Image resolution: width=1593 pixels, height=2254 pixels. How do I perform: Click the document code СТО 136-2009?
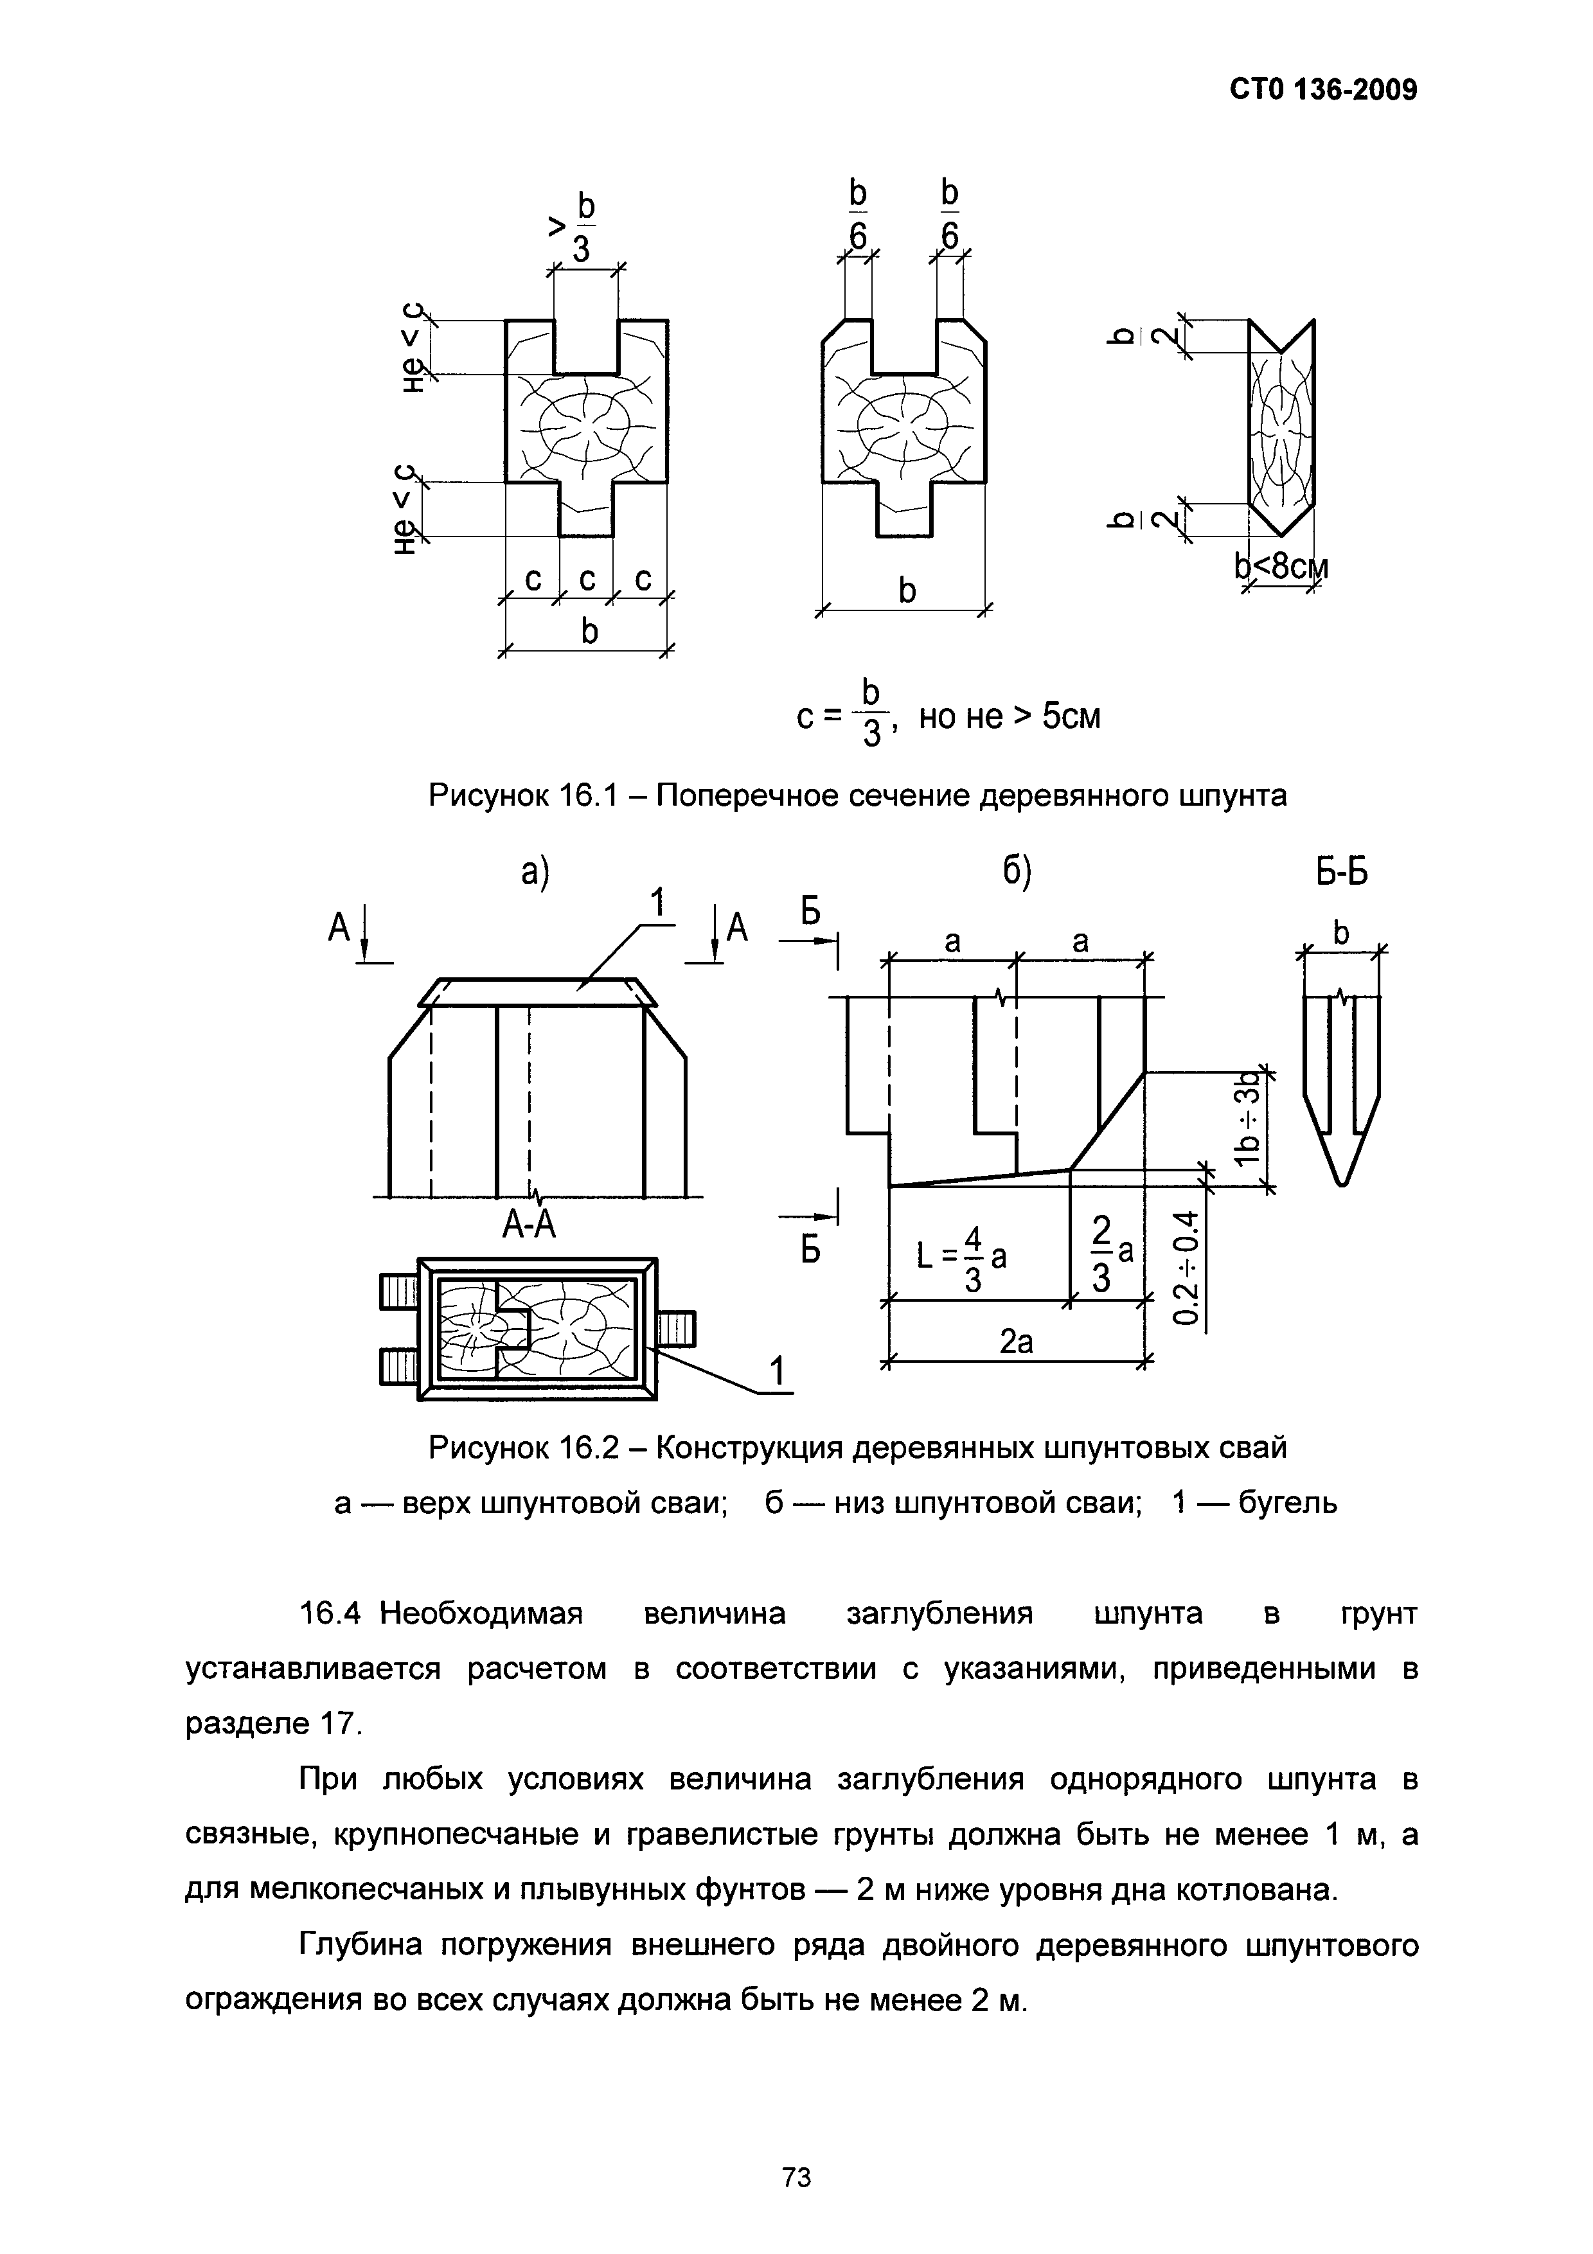coord(1323,91)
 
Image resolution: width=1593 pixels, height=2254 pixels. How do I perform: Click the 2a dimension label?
coord(1016,1341)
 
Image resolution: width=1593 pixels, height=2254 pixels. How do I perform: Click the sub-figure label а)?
coord(535,872)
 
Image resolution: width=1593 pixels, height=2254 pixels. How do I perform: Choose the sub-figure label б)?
coord(1015,872)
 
